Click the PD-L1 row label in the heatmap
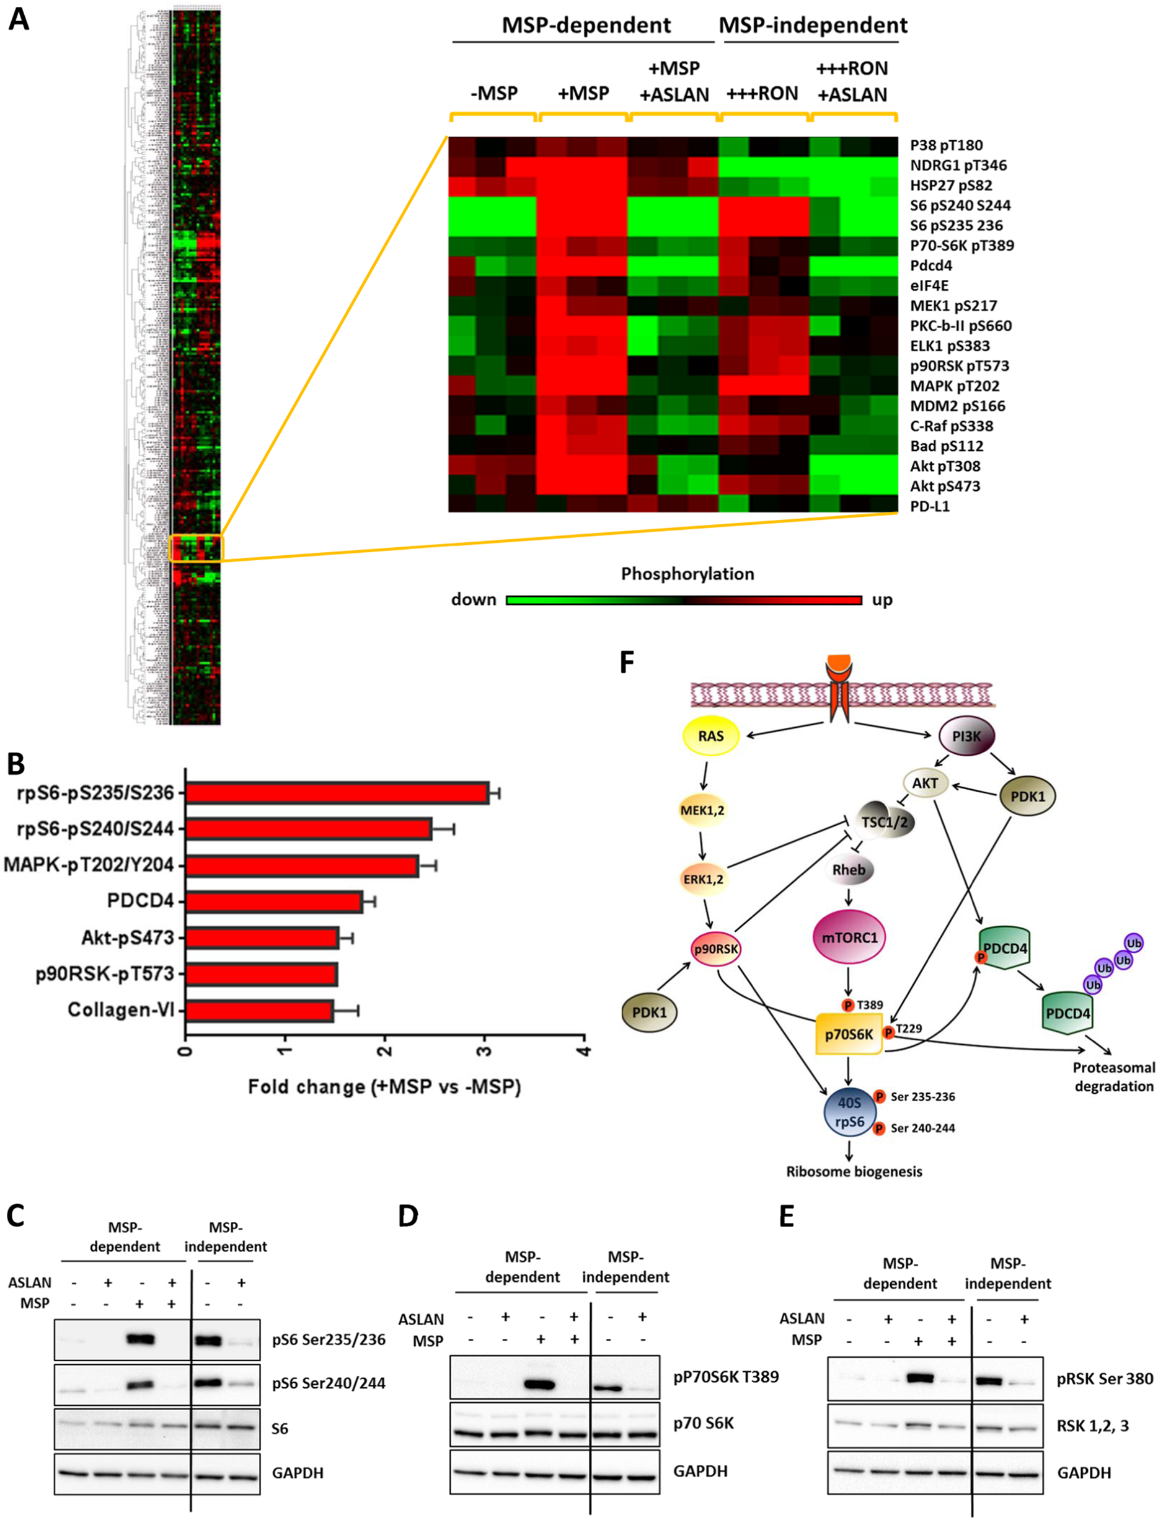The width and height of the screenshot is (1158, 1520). [x=929, y=506]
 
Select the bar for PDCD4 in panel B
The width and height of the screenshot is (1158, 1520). [x=275, y=901]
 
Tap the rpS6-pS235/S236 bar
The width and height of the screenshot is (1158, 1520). [x=337, y=793]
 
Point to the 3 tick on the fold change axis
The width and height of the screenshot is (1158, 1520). [x=485, y=1050]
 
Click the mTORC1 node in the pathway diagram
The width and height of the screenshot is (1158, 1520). [x=849, y=938]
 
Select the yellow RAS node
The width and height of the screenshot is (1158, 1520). [x=710, y=736]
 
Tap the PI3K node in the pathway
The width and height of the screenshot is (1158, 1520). [x=966, y=736]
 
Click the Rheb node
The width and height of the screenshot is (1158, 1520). [x=849, y=870]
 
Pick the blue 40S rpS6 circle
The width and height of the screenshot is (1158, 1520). [x=850, y=1112]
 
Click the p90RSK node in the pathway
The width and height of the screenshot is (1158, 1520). [x=716, y=949]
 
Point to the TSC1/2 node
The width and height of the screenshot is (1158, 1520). [x=885, y=821]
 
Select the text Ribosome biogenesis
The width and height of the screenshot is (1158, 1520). [x=854, y=1172]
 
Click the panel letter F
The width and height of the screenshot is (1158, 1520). [x=627, y=662]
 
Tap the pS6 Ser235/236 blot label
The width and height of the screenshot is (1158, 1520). [x=329, y=1339]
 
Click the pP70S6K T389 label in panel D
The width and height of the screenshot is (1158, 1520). [x=726, y=1377]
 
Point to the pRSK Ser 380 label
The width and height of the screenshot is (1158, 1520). [x=1104, y=1379]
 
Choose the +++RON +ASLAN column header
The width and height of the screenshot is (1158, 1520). [x=852, y=81]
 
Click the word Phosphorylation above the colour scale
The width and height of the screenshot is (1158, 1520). [x=687, y=574]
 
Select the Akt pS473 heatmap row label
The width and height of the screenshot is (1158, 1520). [x=945, y=486]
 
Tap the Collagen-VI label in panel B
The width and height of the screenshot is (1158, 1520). [x=121, y=1009]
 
